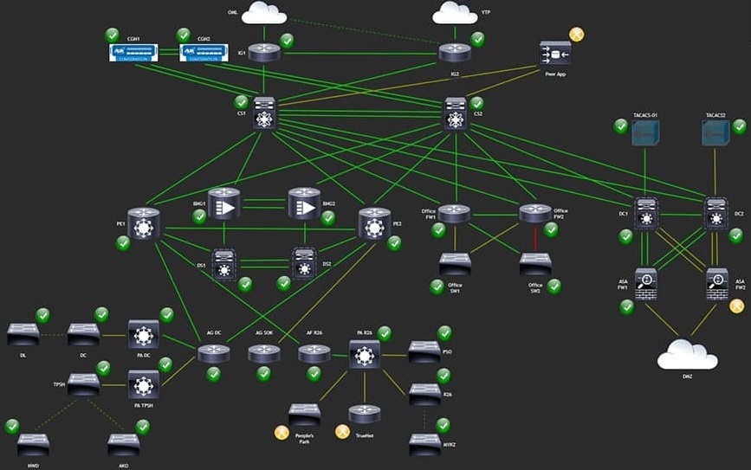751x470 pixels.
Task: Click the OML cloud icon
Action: point(264,12)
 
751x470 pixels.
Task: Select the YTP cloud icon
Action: point(455,12)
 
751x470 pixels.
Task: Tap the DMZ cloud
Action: point(687,355)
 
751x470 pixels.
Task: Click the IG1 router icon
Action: point(264,53)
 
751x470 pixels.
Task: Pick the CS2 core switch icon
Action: point(456,113)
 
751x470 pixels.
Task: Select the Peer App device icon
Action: point(555,55)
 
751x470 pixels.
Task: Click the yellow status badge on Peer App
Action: point(576,35)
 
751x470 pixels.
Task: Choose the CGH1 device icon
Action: point(133,53)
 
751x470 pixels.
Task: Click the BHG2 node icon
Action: point(304,204)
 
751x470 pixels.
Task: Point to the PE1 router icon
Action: point(144,223)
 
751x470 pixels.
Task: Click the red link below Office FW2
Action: point(534,238)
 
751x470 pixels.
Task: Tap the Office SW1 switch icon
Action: point(455,262)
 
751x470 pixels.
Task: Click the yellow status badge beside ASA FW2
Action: point(736,306)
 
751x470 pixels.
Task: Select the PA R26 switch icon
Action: point(365,354)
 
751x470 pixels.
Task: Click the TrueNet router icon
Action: point(365,415)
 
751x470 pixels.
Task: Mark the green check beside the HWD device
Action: point(12,426)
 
